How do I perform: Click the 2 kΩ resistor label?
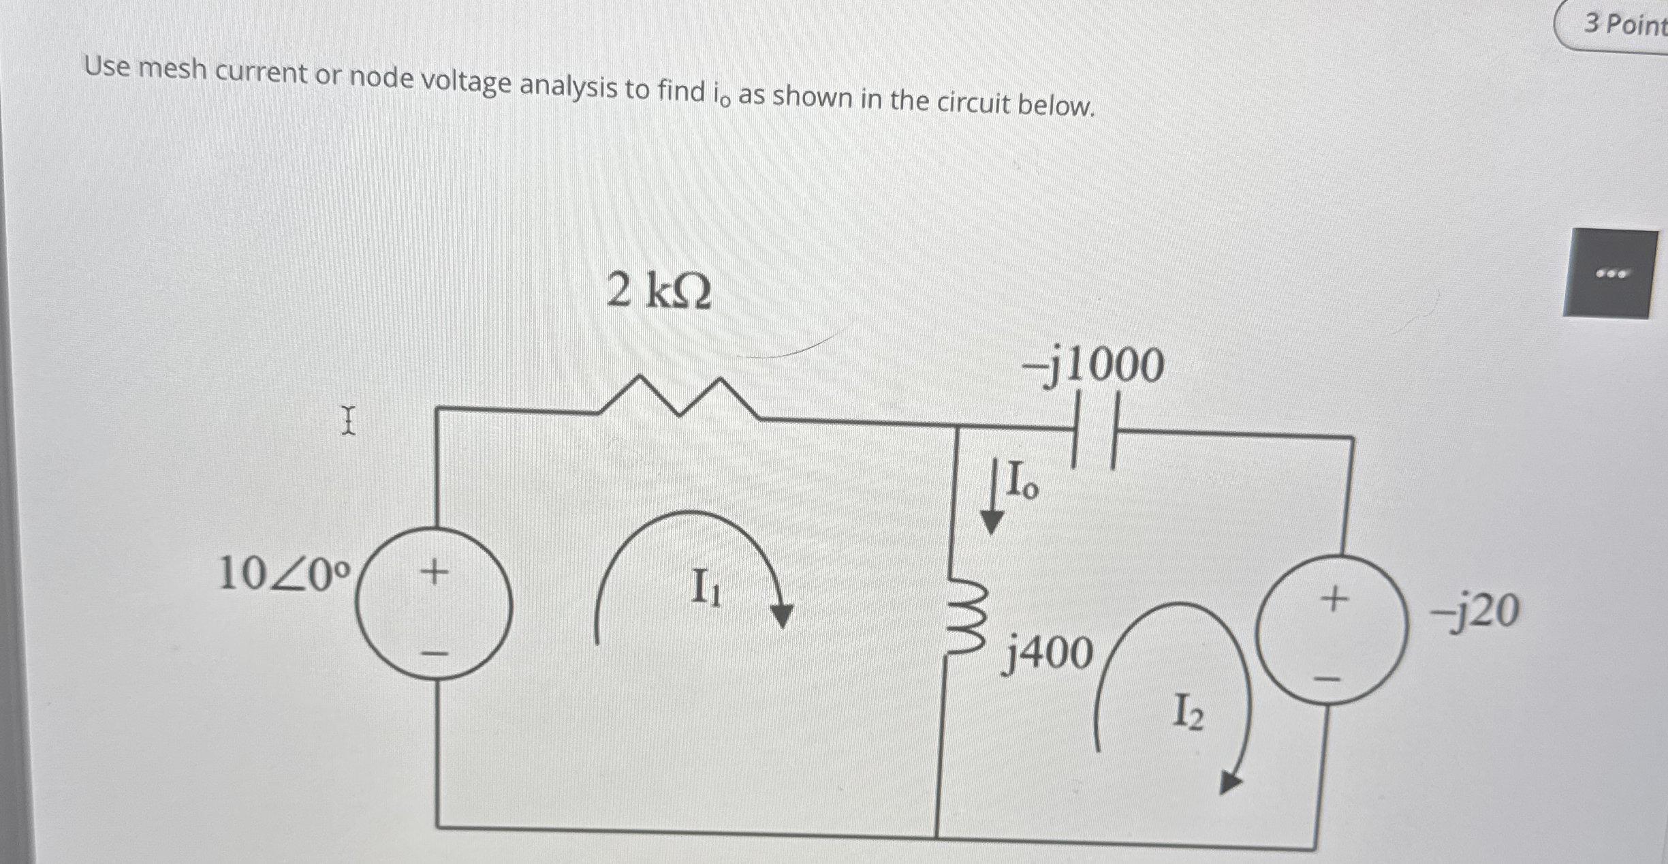tap(659, 291)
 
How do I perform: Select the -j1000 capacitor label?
tap(1092, 366)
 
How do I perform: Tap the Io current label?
tap(1022, 480)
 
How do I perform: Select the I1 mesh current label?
tap(706, 588)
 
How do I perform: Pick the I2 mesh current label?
tap(1189, 714)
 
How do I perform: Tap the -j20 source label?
tap(1475, 611)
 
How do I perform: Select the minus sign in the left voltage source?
tap(435, 653)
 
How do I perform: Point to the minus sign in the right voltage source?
tap(1327, 679)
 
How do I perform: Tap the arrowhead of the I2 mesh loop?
tap(1229, 782)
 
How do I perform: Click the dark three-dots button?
tap(1611, 274)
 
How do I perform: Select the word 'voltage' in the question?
tap(465, 82)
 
